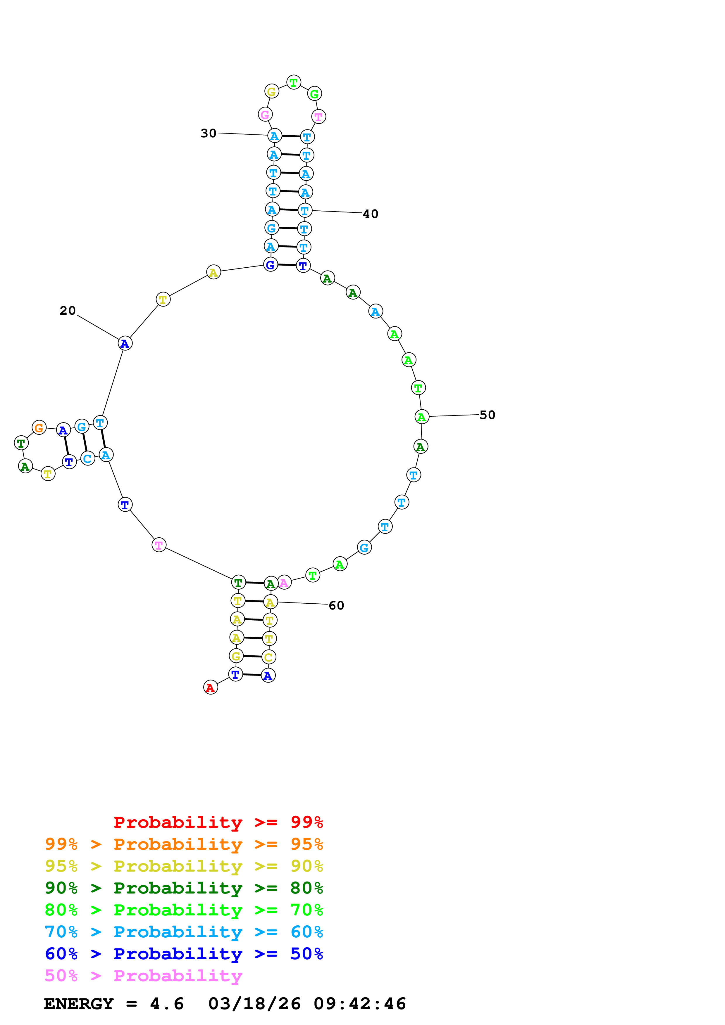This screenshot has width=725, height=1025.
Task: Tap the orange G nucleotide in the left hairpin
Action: [39, 428]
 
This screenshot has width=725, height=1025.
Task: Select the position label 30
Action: [208, 133]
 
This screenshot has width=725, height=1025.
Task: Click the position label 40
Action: [370, 214]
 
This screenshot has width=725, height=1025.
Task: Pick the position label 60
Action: [336, 605]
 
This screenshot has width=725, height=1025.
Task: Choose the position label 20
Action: [68, 310]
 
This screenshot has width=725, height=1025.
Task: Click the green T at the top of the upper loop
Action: [294, 82]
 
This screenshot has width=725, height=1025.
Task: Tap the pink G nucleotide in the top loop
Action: [265, 114]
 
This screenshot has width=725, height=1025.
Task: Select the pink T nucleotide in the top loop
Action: [318, 117]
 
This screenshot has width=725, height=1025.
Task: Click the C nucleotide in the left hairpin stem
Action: [87, 458]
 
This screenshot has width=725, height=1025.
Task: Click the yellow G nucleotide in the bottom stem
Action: [236, 656]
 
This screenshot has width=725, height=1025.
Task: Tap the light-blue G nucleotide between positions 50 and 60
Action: [364, 547]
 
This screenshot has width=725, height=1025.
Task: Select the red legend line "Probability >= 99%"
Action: [218, 822]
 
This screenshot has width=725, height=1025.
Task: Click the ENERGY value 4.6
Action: [167, 1004]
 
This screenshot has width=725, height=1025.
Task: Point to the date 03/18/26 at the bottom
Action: [254, 1004]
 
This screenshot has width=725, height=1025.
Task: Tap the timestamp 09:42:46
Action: [360, 1004]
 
